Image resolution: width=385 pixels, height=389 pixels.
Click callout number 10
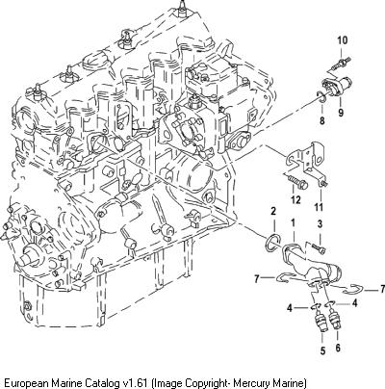point(343,40)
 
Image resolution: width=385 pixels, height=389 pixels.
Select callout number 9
point(341,113)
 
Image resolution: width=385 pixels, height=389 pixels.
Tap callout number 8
point(322,120)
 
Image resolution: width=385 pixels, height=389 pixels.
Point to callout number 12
point(295,199)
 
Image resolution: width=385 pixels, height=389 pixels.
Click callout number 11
point(319,207)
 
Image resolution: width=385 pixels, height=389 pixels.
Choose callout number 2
point(273,211)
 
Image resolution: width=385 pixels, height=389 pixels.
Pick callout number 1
point(293,221)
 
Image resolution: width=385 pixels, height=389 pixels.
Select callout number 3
point(320,224)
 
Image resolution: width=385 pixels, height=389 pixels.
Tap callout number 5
point(322,350)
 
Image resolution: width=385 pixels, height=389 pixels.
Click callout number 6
point(338,348)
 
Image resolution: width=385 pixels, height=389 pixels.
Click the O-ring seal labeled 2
point(273,242)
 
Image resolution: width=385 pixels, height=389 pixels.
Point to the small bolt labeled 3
point(319,247)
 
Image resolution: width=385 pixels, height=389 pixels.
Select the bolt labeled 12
point(295,182)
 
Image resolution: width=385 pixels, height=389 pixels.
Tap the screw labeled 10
point(341,64)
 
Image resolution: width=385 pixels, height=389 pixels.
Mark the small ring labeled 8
point(321,98)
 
